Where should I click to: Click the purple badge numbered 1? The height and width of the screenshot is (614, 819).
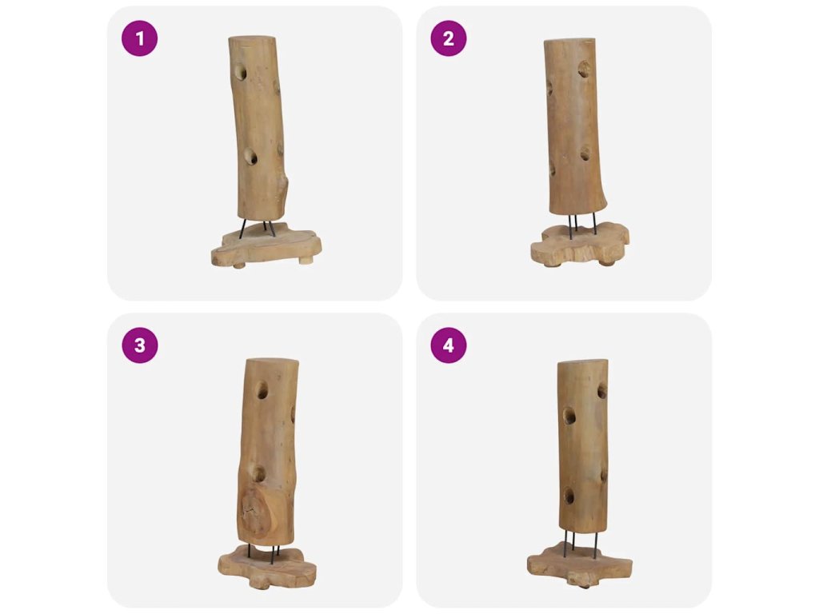[x=139, y=38]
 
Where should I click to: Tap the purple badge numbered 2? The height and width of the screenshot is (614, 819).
[x=449, y=38]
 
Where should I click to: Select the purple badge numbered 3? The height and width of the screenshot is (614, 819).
[x=139, y=345]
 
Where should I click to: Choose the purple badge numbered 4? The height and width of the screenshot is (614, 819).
[x=449, y=345]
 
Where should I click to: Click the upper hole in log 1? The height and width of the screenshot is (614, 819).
[x=240, y=72]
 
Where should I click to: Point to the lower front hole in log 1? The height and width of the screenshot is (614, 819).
[x=250, y=156]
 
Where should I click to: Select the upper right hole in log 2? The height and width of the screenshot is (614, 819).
[x=584, y=69]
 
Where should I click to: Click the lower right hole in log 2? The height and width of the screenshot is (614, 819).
[x=585, y=153]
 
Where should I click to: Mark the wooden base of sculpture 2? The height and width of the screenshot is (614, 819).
[x=580, y=245]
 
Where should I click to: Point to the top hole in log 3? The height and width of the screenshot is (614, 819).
[x=262, y=389]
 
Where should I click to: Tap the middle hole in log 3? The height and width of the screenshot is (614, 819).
[x=258, y=473]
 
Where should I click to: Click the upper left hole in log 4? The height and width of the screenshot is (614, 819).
[x=569, y=416]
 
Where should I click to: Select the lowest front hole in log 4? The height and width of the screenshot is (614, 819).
[x=569, y=496]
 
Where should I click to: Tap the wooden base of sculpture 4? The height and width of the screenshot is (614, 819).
[x=580, y=565]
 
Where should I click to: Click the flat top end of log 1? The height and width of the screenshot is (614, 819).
[x=252, y=40]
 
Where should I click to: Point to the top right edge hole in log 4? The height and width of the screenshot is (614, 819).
[x=602, y=390]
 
